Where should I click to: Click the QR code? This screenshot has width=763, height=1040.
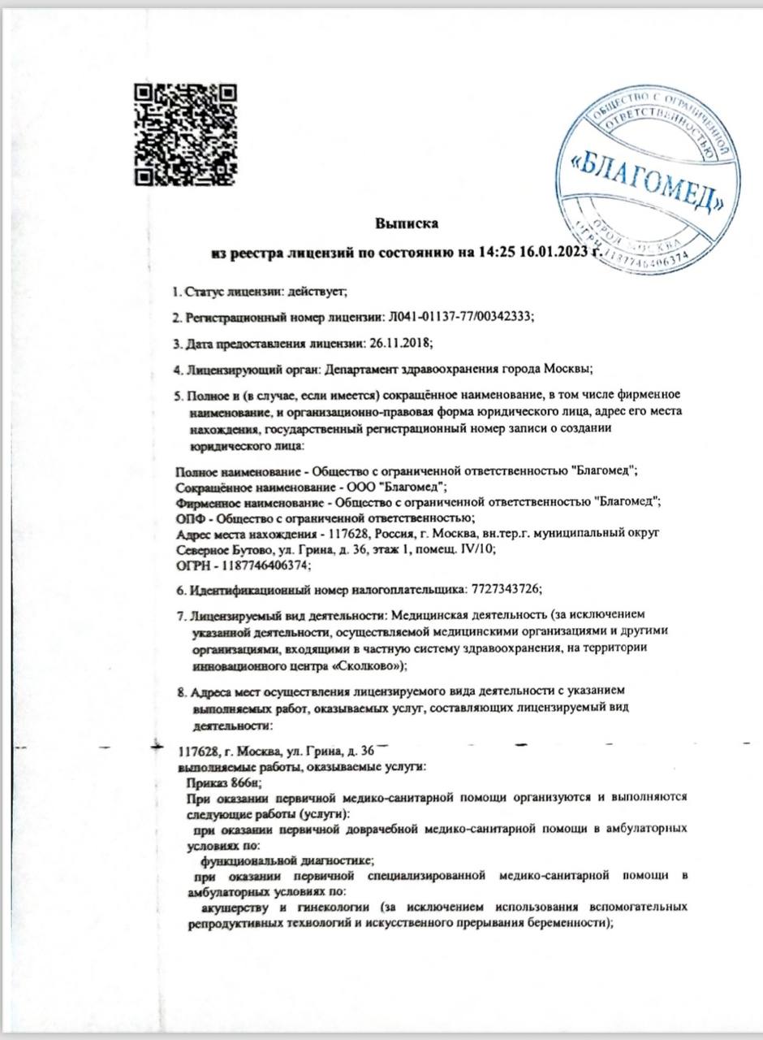(x=184, y=132)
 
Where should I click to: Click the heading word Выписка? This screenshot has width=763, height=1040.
(x=406, y=222)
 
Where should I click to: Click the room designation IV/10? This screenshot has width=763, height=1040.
(x=476, y=548)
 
